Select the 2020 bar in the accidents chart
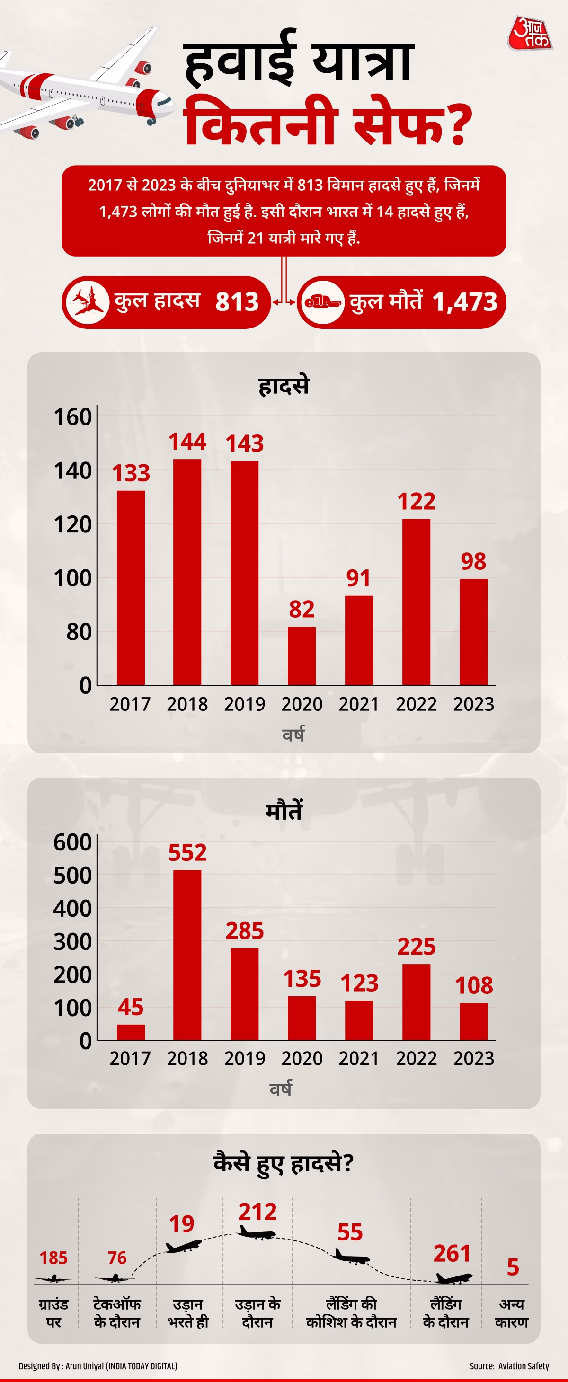302,656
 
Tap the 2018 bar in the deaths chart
187,955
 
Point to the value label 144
187,442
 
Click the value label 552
187,852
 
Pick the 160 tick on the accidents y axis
73,417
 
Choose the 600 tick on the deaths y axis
73,842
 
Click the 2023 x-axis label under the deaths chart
473,1058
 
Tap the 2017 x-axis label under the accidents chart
130,704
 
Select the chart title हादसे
284,386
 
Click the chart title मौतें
284,811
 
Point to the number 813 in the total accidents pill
237,301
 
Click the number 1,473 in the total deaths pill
464,301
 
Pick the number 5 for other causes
513,1267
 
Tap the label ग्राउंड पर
53,1312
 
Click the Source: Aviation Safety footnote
509,1365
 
